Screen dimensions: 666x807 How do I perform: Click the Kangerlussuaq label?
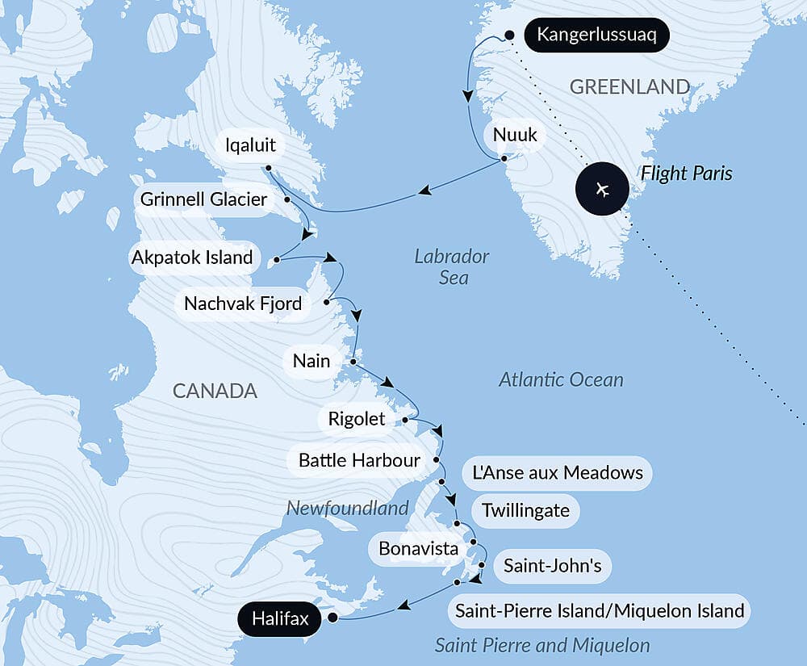pos(596,36)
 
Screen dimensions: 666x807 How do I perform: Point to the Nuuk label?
pos(515,134)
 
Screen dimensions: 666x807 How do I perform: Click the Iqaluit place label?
pos(251,145)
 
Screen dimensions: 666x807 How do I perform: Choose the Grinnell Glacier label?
pos(203,199)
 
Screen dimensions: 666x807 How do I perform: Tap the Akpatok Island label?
pos(192,259)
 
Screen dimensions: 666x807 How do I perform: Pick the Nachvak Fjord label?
pos(243,304)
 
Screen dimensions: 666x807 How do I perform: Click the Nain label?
pos(312,360)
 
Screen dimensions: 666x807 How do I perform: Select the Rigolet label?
pos(357,419)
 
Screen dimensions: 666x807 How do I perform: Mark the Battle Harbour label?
pos(359,460)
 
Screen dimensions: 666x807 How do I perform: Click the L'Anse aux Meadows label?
pos(557,472)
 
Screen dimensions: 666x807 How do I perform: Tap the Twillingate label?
pos(525,510)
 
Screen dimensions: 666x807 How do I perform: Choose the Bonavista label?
pos(418,549)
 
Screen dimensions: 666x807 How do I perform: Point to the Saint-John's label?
pos(552,566)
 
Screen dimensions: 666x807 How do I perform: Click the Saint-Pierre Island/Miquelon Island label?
pos(599,610)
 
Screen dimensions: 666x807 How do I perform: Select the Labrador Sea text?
pos(452,266)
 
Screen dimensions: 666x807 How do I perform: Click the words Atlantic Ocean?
pos(561,379)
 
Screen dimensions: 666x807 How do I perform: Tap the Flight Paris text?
pos(686,173)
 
